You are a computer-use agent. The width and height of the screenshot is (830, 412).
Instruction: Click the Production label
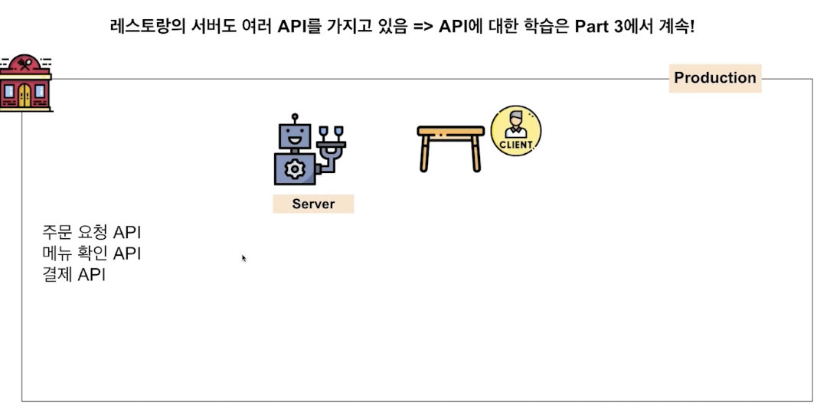714,78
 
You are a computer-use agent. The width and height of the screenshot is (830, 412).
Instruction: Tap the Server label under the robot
313,204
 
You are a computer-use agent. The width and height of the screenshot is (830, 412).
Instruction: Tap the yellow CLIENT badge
515,131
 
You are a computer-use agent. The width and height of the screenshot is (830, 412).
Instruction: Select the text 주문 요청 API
92,233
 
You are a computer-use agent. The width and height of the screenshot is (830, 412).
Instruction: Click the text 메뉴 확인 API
92,253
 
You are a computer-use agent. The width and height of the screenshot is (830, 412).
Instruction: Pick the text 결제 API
74,274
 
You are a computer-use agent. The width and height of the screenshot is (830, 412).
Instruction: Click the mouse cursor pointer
243,258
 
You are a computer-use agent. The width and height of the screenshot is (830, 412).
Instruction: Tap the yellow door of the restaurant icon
25,94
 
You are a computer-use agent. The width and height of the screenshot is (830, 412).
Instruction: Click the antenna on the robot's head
293,118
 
